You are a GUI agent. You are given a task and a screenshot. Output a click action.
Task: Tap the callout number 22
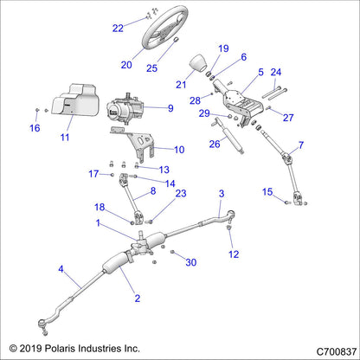point(118,28)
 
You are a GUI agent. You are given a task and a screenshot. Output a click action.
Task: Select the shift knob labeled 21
point(198,65)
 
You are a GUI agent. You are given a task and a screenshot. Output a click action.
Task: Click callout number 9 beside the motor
point(170,109)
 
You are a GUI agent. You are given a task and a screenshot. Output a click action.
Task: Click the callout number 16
point(35,128)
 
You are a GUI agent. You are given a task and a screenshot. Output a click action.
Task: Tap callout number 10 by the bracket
point(178,150)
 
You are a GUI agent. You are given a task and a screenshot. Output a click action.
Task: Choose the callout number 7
point(301,145)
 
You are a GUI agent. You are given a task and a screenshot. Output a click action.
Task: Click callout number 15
point(267,191)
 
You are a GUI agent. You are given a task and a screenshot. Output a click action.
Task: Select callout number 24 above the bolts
point(276,73)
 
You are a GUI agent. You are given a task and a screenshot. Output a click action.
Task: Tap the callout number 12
point(232,254)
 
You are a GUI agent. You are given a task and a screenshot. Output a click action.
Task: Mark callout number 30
point(191,262)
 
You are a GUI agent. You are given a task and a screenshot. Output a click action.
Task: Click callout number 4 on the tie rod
point(61,269)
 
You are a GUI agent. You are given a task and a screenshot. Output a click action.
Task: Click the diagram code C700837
point(326,347)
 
